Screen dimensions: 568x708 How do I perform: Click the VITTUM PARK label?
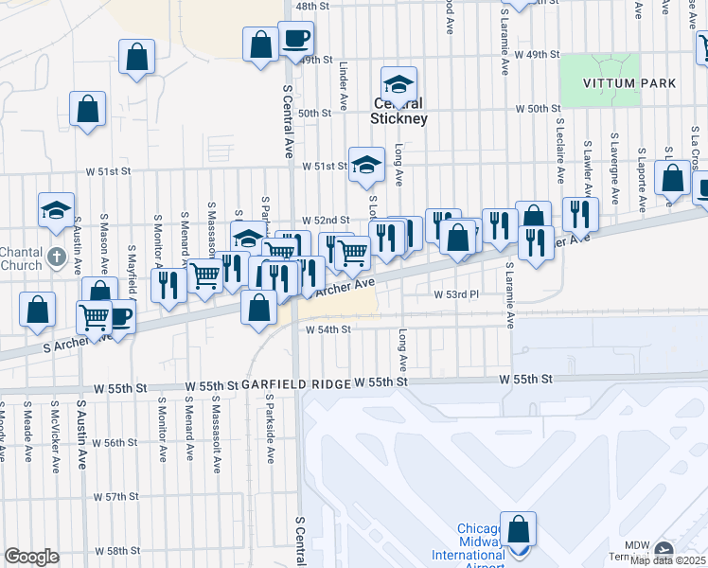629,83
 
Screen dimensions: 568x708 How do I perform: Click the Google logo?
31,557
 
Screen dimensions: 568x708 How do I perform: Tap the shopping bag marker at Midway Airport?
518,529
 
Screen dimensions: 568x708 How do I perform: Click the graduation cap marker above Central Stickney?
399,83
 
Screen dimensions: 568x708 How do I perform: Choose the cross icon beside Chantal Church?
56,256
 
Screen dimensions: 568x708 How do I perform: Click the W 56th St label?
116,443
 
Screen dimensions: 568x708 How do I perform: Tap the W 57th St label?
116,496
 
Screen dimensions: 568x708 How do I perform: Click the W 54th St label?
328,329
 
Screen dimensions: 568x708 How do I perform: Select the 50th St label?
314,113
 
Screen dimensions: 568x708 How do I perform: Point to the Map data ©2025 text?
666,560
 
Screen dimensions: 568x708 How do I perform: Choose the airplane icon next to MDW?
664,549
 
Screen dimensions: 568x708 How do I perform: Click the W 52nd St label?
326,220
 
